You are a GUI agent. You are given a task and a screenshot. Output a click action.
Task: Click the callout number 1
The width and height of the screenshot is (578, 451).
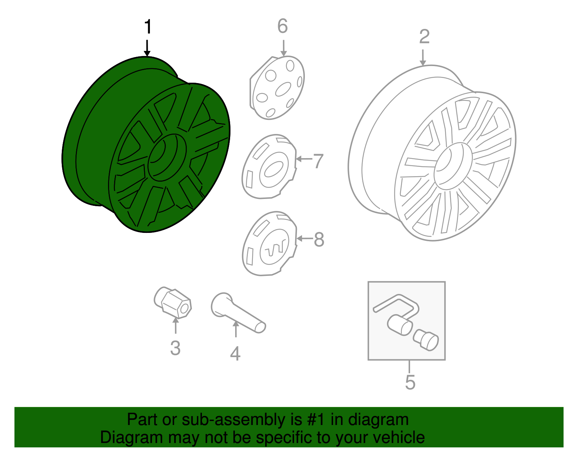[x=148, y=27]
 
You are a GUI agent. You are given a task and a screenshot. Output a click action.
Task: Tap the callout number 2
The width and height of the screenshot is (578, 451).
[x=424, y=36]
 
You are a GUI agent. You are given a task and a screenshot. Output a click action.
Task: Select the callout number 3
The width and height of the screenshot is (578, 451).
[x=175, y=348]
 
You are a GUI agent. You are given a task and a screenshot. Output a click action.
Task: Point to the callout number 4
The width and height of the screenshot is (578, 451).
[x=235, y=354]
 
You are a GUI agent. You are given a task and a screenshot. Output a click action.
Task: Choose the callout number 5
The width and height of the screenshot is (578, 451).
[x=410, y=382]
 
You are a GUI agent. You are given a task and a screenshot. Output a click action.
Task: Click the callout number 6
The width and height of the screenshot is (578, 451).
[x=282, y=26]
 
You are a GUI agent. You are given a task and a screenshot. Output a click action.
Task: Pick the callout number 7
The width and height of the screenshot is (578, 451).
[x=318, y=161]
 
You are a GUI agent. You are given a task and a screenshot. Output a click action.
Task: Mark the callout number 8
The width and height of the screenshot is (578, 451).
[x=319, y=239]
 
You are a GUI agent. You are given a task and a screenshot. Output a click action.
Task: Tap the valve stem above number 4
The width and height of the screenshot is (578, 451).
[x=238, y=313]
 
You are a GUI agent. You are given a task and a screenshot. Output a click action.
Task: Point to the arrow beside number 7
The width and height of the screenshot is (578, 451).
[x=304, y=159]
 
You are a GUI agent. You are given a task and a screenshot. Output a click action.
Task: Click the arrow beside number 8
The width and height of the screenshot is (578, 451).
[x=305, y=238]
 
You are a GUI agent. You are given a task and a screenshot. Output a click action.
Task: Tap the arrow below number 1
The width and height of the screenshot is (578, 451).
[x=147, y=48]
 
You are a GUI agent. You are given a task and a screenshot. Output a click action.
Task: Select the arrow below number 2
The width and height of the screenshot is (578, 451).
[x=423, y=57]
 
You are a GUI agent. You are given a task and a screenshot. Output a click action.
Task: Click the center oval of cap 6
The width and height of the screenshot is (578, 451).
[x=283, y=89]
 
